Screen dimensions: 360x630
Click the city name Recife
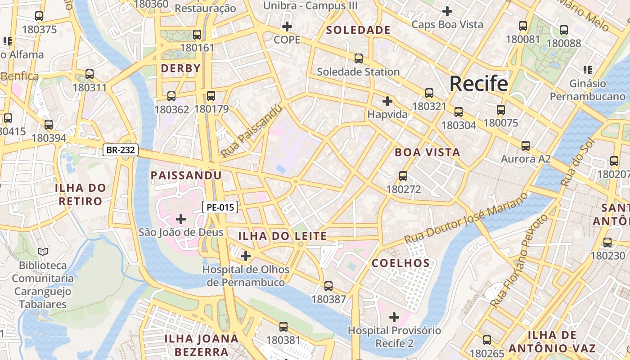click(x=479, y=84)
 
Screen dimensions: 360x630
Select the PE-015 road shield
click(x=220, y=207)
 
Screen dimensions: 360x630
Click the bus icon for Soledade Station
click(x=358, y=58)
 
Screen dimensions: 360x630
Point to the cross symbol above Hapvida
click(x=387, y=101)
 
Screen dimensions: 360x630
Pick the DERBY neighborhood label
click(x=180, y=68)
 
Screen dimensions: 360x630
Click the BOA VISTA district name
click(x=427, y=152)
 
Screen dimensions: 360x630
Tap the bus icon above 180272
click(x=403, y=176)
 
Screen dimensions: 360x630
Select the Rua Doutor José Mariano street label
click(x=466, y=218)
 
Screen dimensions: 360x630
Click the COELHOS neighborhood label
click(x=401, y=263)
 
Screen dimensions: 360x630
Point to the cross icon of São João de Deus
click(x=181, y=219)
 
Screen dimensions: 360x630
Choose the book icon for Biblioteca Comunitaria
click(x=43, y=252)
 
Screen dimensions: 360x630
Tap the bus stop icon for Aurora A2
click(x=525, y=146)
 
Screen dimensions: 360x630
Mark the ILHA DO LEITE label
click(x=282, y=236)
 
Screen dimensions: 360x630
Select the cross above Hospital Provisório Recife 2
click(x=394, y=317)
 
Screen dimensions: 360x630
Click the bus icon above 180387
click(x=328, y=286)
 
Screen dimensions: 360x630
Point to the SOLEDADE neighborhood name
click(x=358, y=30)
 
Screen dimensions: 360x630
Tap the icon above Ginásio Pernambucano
click(x=587, y=70)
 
